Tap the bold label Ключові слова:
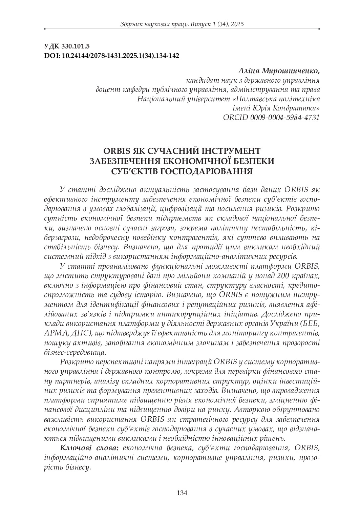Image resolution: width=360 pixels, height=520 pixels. [x=89, y=448]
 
